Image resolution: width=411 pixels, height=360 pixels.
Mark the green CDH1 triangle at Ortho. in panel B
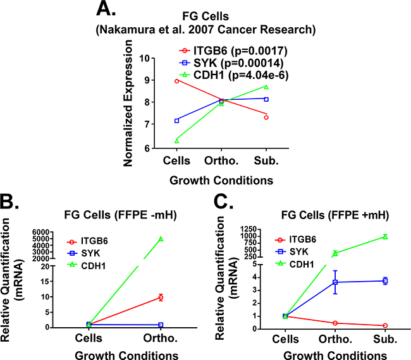[161, 239]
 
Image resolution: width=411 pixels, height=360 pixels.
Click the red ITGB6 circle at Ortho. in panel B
[161, 297]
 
